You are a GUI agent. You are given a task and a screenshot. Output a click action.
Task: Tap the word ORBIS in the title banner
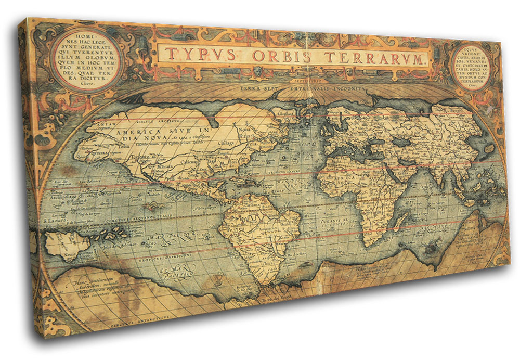point(281,56)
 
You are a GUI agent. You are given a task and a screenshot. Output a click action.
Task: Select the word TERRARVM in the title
point(371,58)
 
